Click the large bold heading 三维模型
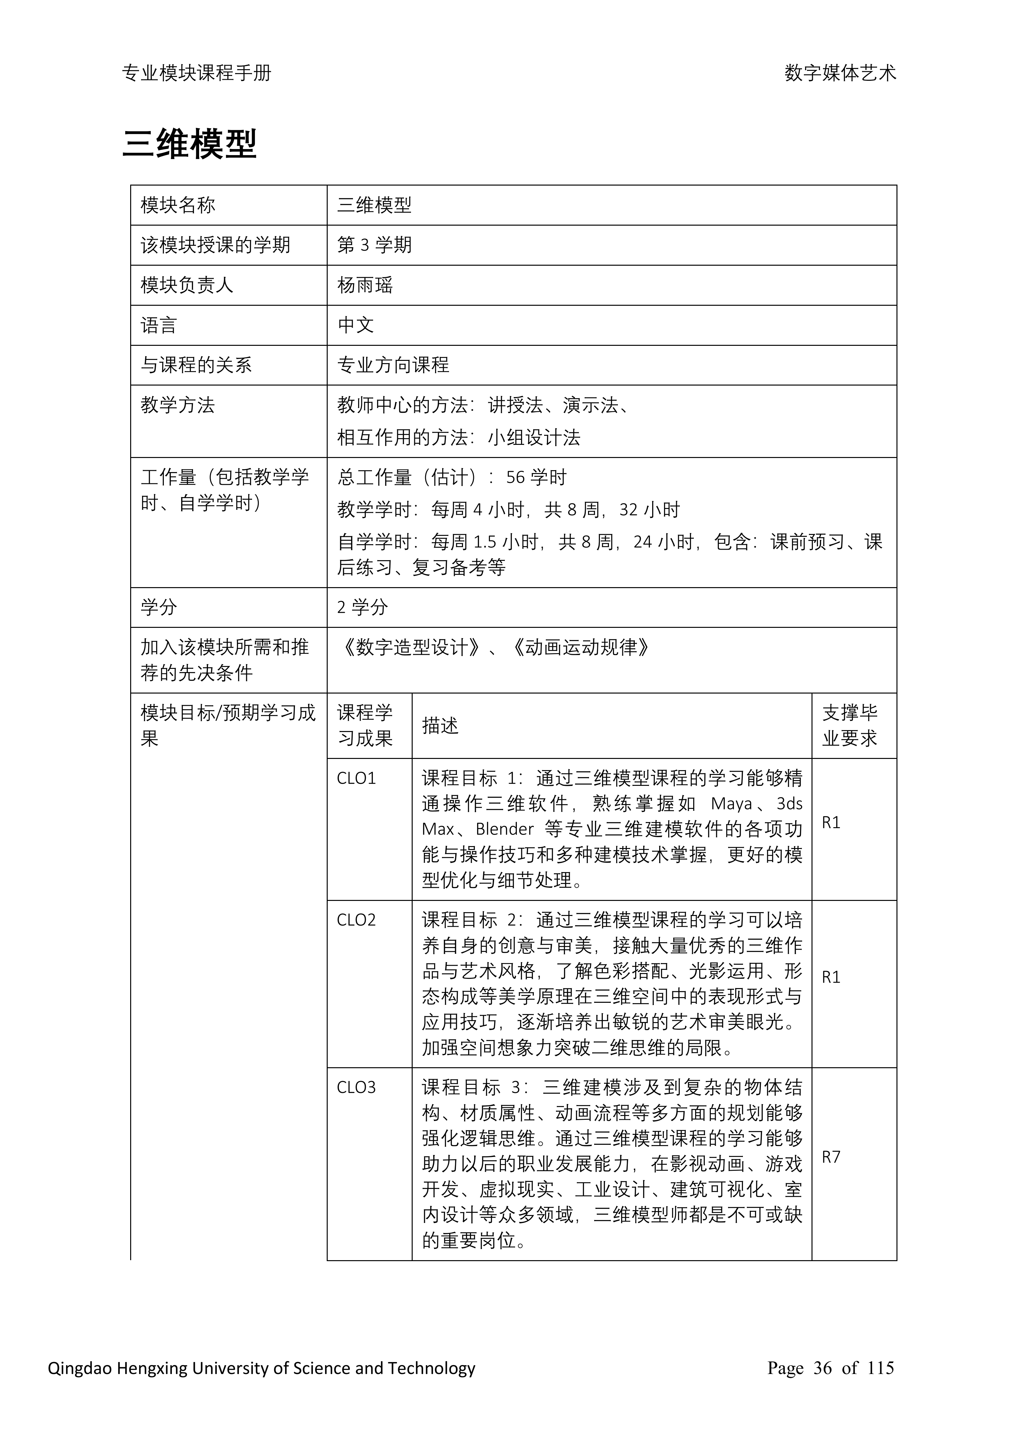[189, 145]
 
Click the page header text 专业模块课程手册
[196, 73]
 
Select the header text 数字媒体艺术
[840, 73]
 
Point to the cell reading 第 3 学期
[374, 245]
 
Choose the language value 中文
[356, 325]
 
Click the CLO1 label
[356, 778]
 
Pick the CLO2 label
[356, 920]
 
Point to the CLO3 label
[356, 1087]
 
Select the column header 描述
[440, 726]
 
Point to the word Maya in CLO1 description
[732, 803]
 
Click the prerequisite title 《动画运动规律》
[581, 647]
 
